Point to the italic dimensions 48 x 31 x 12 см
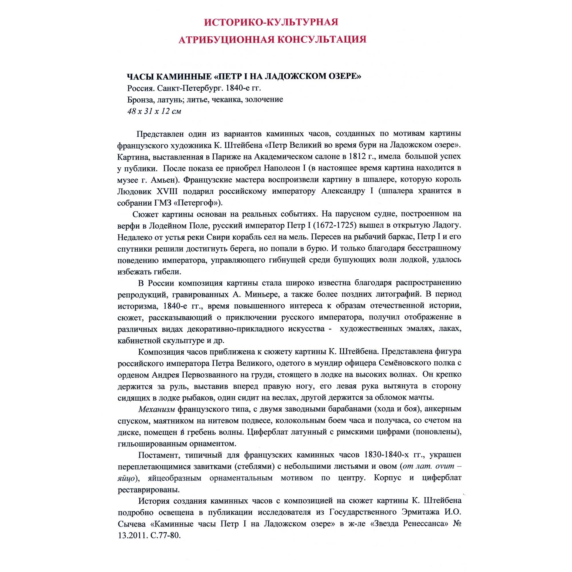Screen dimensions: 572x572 pos(154,111)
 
